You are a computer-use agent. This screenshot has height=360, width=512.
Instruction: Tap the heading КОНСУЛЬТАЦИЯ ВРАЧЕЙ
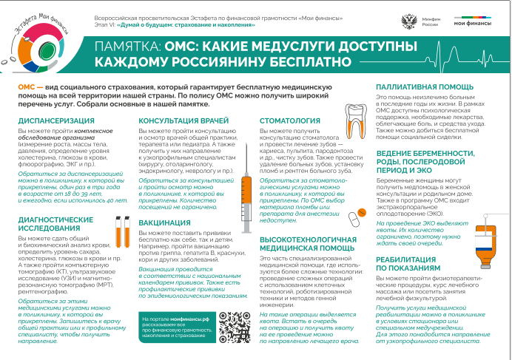[186, 120]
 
